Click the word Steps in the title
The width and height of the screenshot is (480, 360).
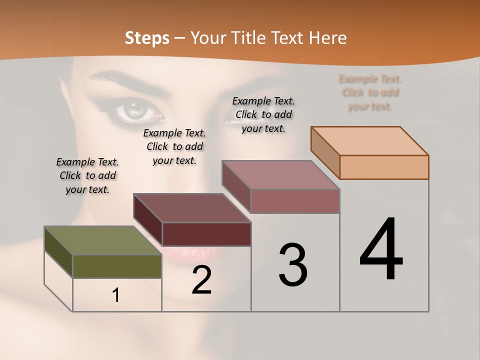(x=147, y=38)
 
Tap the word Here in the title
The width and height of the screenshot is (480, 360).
(x=328, y=38)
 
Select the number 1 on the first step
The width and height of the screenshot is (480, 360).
(x=116, y=295)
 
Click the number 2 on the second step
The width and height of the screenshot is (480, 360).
(x=201, y=280)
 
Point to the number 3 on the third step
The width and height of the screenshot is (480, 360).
(x=293, y=265)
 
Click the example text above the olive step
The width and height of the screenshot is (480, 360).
(x=87, y=175)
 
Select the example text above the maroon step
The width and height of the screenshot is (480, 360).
(x=174, y=146)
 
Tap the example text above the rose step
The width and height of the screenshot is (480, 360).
(x=263, y=114)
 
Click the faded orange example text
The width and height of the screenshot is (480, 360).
(x=370, y=92)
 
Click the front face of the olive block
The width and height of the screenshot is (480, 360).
(x=117, y=266)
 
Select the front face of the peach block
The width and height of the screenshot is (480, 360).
(x=384, y=167)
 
